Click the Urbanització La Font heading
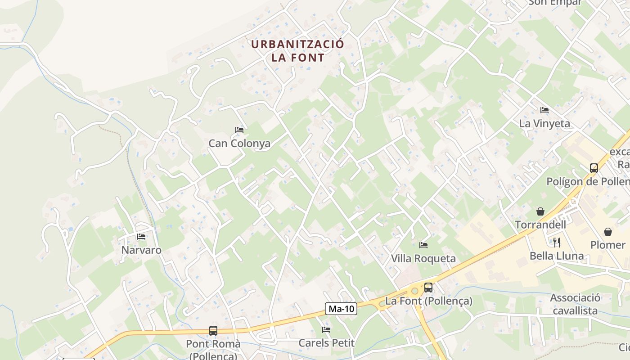(x=297, y=51)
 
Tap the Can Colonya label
(x=239, y=144)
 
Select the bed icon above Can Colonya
(x=239, y=130)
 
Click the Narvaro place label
(x=141, y=250)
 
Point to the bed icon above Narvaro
(x=141, y=236)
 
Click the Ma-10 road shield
(x=341, y=309)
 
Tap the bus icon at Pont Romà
(x=213, y=331)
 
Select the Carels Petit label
(x=327, y=343)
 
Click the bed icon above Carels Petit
(x=327, y=330)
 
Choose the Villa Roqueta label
(x=423, y=259)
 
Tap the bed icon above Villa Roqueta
(x=423, y=245)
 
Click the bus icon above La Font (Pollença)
(x=428, y=288)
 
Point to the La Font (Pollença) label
(x=428, y=301)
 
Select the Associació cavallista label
(x=575, y=304)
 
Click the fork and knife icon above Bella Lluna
(x=557, y=243)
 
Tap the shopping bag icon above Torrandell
(x=540, y=211)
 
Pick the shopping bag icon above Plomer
(x=608, y=232)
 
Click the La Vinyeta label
(x=544, y=123)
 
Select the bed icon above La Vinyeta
(x=544, y=110)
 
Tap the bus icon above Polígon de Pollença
(x=594, y=168)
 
